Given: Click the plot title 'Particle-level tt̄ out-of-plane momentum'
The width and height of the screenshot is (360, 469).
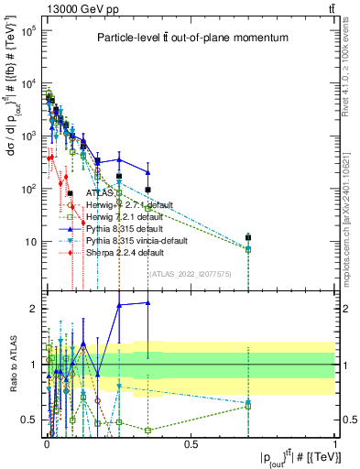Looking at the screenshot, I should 187,38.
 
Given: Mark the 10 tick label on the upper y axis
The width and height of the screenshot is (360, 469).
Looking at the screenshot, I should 29,242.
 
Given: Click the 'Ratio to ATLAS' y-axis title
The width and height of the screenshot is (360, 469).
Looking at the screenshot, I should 11,366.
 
